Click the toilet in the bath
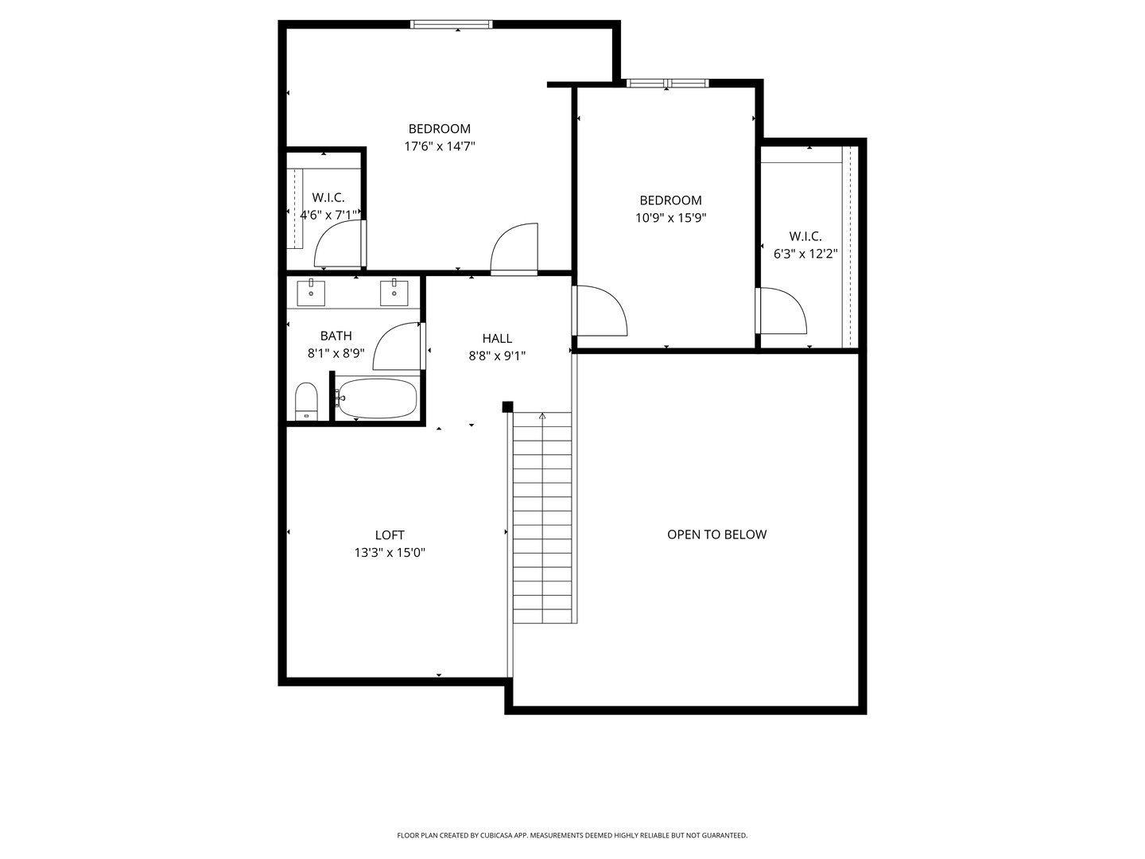tap(306, 401)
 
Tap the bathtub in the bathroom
tap(376, 398)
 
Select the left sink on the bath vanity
tap(311, 293)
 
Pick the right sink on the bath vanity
tap(394, 293)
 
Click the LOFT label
tap(390, 534)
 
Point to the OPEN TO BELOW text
tap(716, 534)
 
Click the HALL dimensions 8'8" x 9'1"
tap(497, 356)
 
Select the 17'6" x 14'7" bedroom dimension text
tap(440, 146)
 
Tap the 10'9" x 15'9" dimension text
tap(670, 217)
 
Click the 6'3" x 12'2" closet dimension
tap(805, 254)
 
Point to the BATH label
tap(336, 336)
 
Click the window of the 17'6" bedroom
tap(451, 24)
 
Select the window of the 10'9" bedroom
tap(667, 83)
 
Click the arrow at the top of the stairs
tap(542, 416)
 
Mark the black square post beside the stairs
tap(507, 406)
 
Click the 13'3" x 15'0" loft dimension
tap(390, 552)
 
